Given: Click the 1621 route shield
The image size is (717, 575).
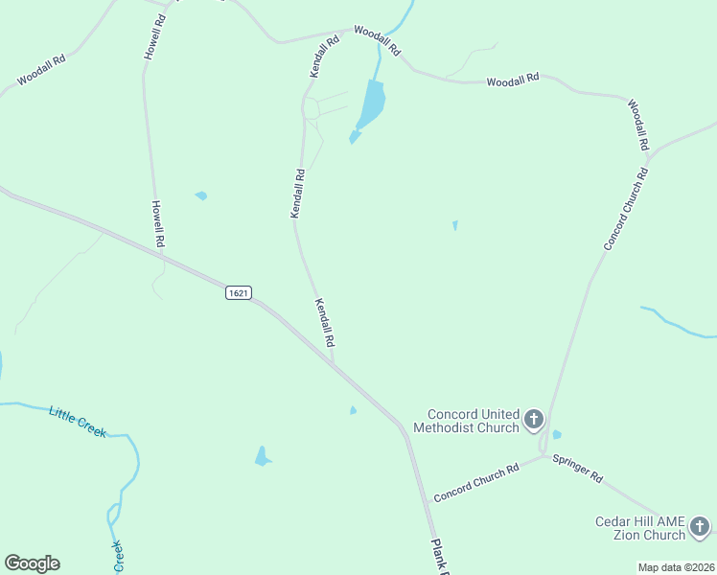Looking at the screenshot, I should (240, 292).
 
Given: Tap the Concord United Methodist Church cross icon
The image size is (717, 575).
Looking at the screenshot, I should (534, 419).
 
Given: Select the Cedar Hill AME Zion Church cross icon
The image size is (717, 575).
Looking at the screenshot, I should (700, 526).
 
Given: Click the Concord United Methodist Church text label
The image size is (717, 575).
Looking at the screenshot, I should (466, 421).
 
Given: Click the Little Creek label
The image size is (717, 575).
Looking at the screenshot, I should (78, 422).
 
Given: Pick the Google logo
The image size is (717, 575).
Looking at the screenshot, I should (32, 563).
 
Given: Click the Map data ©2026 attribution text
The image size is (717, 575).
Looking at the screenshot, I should (676, 567).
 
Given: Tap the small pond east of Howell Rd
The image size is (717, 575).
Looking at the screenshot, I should (201, 195).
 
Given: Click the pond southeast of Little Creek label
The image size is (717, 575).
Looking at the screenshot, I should (262, 457).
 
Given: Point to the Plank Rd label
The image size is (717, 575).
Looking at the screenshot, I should (440, 557).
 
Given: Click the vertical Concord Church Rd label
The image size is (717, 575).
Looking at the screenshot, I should (626, 209).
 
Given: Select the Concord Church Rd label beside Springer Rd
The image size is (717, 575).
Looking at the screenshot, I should (475, 482).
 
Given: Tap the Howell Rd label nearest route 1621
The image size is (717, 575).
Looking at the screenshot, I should (159, 224).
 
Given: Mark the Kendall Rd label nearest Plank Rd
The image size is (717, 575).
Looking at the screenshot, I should (324, 322).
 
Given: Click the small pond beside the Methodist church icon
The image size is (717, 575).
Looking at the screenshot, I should (557, 435).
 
